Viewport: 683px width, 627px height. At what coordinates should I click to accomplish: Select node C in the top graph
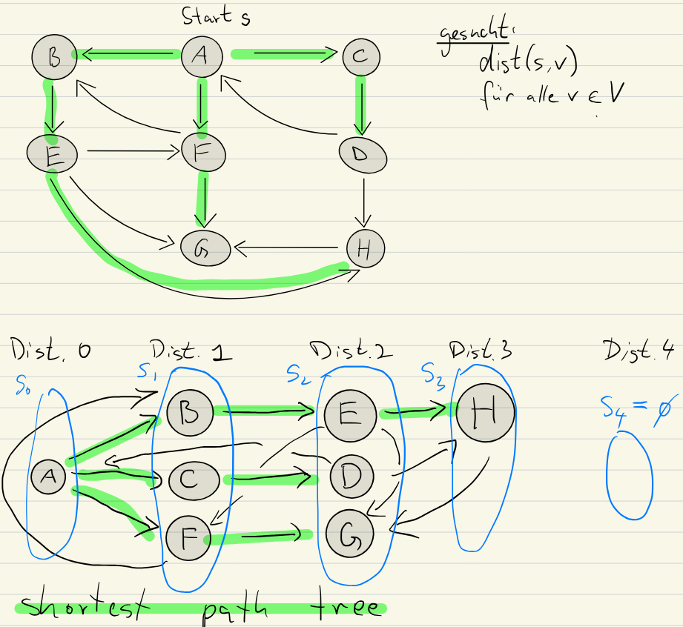pyautogui.click(x=360, y=56)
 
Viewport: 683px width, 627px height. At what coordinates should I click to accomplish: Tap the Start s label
pyautogui.click(x=215, y=16)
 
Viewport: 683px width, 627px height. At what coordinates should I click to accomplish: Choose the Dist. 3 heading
pyautogui.click(x=481, y=349)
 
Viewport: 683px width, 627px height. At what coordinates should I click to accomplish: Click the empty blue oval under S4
pyautogui.click(x=630, y=477)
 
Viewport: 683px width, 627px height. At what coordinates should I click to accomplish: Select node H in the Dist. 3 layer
pyautogui.click(x=484, y=413)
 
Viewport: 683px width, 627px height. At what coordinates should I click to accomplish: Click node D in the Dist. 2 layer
pyautogui.click(x=352, y=475)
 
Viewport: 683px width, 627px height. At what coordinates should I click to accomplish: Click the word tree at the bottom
pyautogui.click(x=346, y=608)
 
